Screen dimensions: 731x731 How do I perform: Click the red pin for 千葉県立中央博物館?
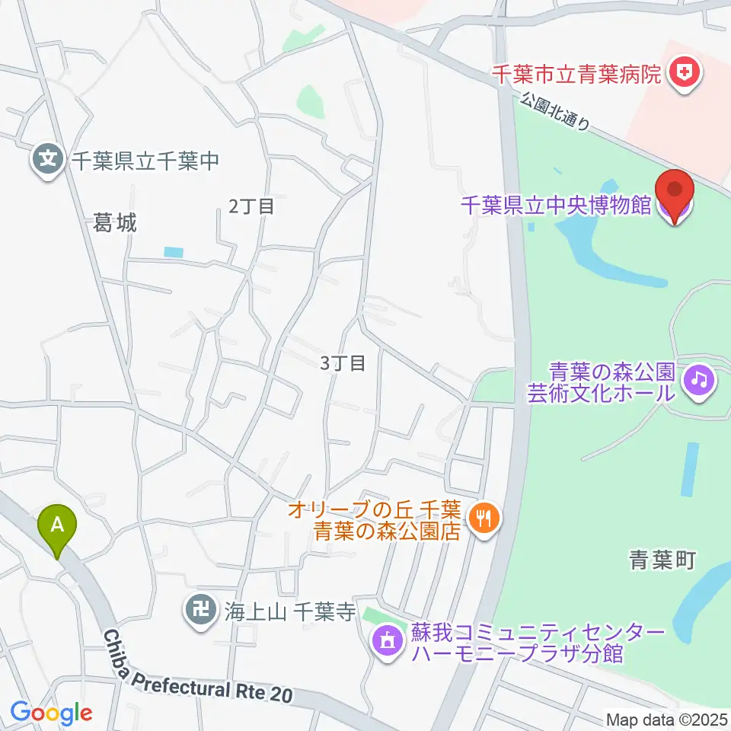pos(675,190)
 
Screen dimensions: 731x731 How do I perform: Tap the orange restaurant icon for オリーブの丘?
pos(484,520)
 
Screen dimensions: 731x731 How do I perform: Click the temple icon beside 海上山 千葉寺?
pos(200,610)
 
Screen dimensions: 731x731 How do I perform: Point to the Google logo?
pos(51,713)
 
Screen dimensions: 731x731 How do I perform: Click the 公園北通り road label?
pos(556,112)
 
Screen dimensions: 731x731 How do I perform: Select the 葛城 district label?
pos(115,223)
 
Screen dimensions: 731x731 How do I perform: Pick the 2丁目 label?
pos(251,205)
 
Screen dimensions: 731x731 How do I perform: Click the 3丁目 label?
pos(343,363)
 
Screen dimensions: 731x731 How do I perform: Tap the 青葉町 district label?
pos(662,561)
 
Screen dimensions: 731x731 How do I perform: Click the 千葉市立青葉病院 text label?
pos(577,75)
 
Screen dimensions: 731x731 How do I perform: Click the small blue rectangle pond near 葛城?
pos(174,252)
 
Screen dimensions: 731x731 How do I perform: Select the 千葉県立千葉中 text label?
pos(145,160)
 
